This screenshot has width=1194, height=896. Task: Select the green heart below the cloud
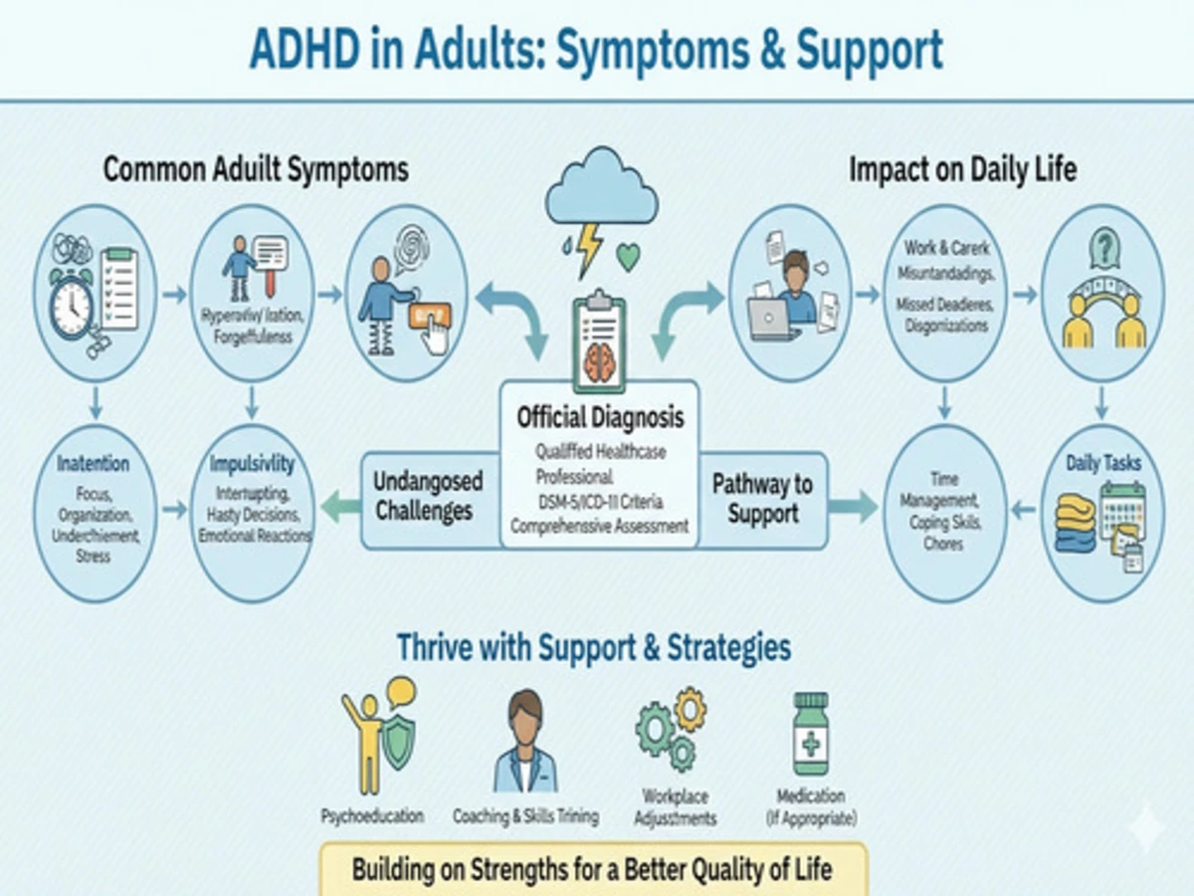click(628, 258)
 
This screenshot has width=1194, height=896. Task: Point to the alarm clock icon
click(71, 305)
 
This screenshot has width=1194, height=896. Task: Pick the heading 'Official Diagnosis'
click(600, 416)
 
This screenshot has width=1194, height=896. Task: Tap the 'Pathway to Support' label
click(762, 500)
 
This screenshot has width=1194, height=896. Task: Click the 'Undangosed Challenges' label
click(428, 496)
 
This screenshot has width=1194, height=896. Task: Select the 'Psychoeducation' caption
click(372, 816)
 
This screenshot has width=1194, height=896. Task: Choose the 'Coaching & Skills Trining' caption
click(525, 816)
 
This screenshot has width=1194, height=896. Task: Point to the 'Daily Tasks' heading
click(1103, 463)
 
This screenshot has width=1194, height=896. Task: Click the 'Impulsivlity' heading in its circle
click(252, 465)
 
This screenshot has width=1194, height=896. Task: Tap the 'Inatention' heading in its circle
click(93, 465)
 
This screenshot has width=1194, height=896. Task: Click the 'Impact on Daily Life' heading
click(962, 169)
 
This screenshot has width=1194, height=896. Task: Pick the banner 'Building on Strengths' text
click(592, 869)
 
